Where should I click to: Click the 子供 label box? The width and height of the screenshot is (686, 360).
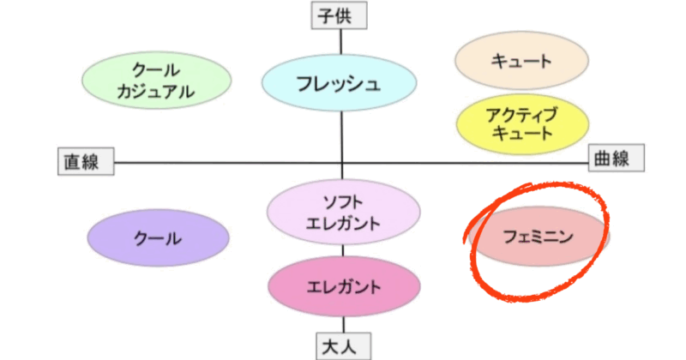coord(339,15)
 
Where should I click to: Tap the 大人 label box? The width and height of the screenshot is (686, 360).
coord(344,346)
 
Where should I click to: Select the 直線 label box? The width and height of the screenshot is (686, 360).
coord(87,161)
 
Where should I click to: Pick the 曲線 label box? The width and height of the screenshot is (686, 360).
coord(616,158)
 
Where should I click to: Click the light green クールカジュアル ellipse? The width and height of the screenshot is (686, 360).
coord(157,81)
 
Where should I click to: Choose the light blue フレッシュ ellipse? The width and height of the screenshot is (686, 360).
coord(339,82)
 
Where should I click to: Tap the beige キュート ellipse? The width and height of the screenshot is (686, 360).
coord(521,60)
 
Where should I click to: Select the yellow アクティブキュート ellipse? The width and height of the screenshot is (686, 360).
coord(522,123)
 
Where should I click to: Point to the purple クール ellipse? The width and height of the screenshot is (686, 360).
coord(158,238)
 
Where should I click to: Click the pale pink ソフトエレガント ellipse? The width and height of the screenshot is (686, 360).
coord(344,213)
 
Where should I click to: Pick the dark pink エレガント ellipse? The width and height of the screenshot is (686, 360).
coord(344,286)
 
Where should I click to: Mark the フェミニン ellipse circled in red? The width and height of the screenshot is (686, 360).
coord(539,237)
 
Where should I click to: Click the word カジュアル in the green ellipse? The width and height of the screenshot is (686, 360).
coord(156,92)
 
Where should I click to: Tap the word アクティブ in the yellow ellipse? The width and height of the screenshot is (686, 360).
coord(521,115)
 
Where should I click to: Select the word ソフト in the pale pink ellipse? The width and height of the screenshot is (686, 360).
coord(343,202)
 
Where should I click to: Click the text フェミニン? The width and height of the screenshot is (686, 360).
coord(539,237)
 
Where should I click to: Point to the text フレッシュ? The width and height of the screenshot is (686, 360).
coord(338,83)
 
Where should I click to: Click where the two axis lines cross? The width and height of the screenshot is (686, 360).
coord(342,163)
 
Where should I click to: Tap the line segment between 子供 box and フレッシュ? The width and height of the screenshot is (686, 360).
coord(340,42)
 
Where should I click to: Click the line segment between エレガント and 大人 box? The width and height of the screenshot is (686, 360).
coord(344,325)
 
